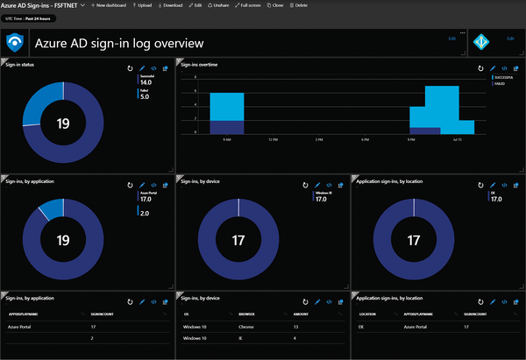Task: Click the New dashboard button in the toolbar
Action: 110,5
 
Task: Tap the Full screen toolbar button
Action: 247,5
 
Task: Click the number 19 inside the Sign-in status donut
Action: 63,123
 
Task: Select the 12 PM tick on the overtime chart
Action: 273,139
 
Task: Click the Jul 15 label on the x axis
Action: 457,139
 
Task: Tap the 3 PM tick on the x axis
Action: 319,139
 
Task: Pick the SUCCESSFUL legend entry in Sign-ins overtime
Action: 501,77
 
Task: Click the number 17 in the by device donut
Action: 237,239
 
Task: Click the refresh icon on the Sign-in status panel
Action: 130,68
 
